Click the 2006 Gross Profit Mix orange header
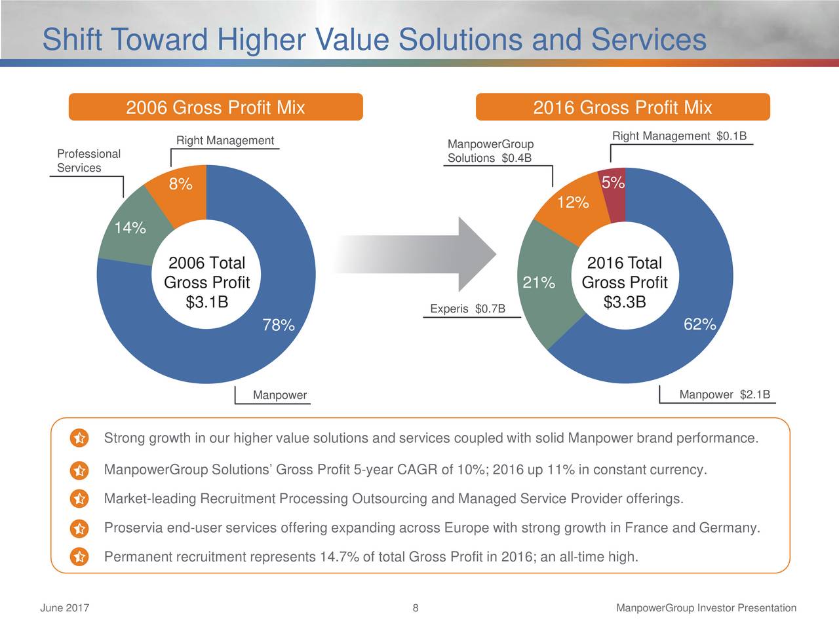coord(216,107)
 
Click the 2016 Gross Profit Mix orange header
coord(622,107)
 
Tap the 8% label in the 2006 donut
coord(180,184)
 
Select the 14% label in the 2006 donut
coord(130,228)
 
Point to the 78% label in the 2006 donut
coord(278,325)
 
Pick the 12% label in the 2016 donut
coord(572,202)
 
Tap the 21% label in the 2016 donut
coord(539,283)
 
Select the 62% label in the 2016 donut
coord(699,324)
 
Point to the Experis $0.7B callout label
coord(467,309)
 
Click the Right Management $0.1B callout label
coord(679,136)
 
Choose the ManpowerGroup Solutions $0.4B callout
coord(490,151)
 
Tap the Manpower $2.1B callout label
coord(724,394)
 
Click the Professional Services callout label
coord(88,161)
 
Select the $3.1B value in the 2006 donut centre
coord(206,302)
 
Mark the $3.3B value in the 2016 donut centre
coord(624,302)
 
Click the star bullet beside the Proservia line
coord(78,528)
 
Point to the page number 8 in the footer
coord(416,608)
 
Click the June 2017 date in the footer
coord(65,608)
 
